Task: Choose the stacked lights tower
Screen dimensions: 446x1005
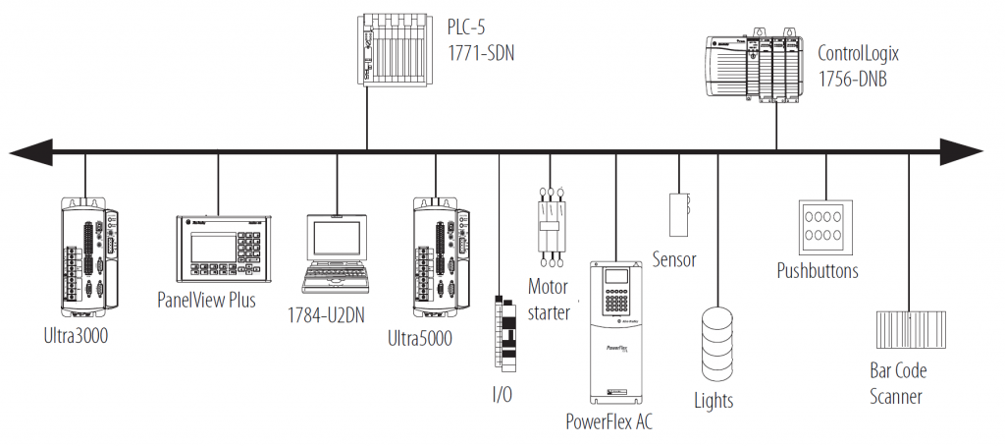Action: [x=717, y=343]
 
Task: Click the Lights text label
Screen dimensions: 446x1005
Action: [x=714, y=401]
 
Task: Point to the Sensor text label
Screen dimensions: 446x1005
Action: [x=674, y=260]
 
